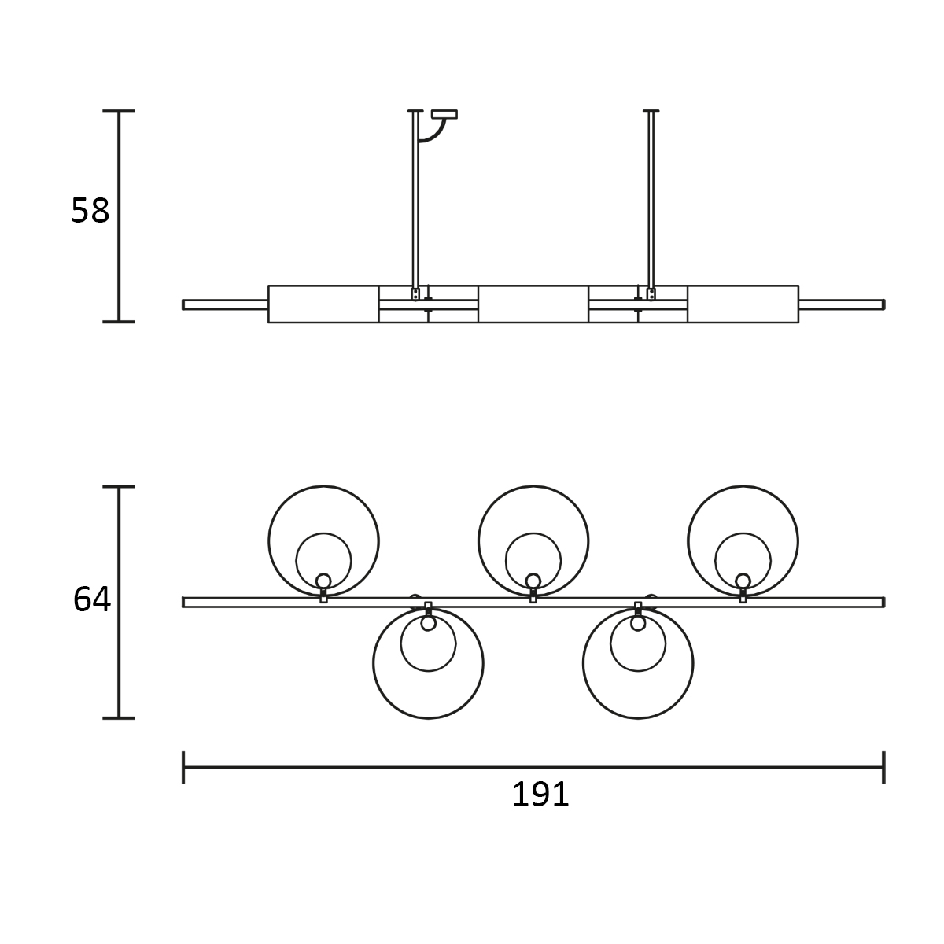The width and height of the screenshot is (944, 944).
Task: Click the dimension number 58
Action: (90, 211)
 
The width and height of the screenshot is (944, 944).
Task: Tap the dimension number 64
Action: (91, 599)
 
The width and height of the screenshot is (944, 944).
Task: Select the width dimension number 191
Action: (540, 794)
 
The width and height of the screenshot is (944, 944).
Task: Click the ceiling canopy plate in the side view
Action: (444, 114)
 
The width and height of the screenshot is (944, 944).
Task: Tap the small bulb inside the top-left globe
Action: (323, 581)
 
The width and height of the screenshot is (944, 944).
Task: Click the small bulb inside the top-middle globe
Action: (533, 581)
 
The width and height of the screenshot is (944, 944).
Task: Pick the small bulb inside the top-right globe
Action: (743, 581)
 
